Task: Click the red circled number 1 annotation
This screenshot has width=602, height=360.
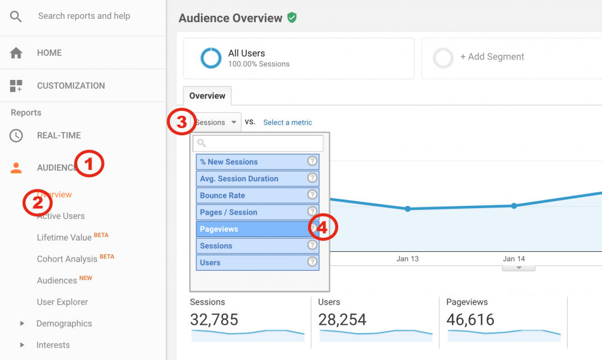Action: point(89,165)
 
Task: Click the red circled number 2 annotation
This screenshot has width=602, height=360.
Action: point(37,202)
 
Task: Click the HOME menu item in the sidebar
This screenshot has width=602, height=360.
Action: point(49,53)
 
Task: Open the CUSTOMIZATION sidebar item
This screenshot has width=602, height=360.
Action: point(71,86)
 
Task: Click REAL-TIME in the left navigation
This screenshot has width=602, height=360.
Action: point(59,135)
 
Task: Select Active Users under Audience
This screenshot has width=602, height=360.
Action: point(61,216)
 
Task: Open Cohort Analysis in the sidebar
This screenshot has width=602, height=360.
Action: point(67,259)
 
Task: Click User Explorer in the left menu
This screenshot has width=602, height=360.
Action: point(62,302)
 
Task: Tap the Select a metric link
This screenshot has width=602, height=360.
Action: point(287,122)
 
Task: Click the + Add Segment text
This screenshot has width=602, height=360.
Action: point(491,57)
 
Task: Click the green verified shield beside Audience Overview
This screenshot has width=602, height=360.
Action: point(292,18)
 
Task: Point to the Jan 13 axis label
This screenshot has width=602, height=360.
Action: point(407,259)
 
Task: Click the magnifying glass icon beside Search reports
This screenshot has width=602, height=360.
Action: point(16,16)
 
